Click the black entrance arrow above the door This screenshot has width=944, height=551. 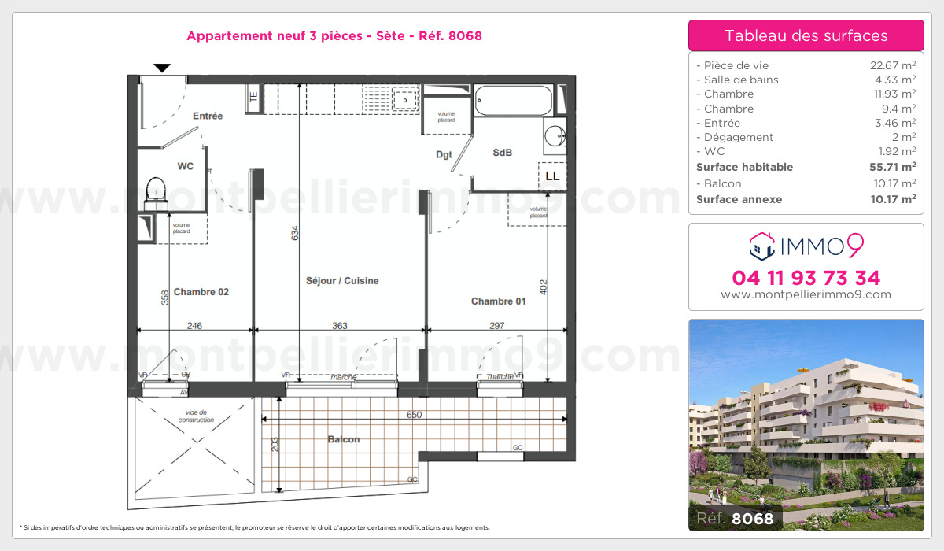(x=162, y=68)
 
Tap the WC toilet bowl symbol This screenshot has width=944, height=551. (x=156, y=190)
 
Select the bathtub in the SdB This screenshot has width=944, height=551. (x=514, y=100)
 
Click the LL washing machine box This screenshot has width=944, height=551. (x=552, y=176)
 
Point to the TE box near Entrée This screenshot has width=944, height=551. (x=253, y=98)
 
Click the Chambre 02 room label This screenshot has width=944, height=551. (x=201, y=292)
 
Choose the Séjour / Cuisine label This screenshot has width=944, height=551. (x=342, y=280)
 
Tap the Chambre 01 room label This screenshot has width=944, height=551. (x=498, y=301)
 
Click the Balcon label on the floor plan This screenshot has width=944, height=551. (x=344, y=439)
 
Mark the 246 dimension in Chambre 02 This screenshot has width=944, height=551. (x=194, y=326)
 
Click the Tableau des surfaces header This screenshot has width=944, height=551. (x=806, y=35)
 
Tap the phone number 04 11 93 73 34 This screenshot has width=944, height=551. (x=806, y=278)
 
